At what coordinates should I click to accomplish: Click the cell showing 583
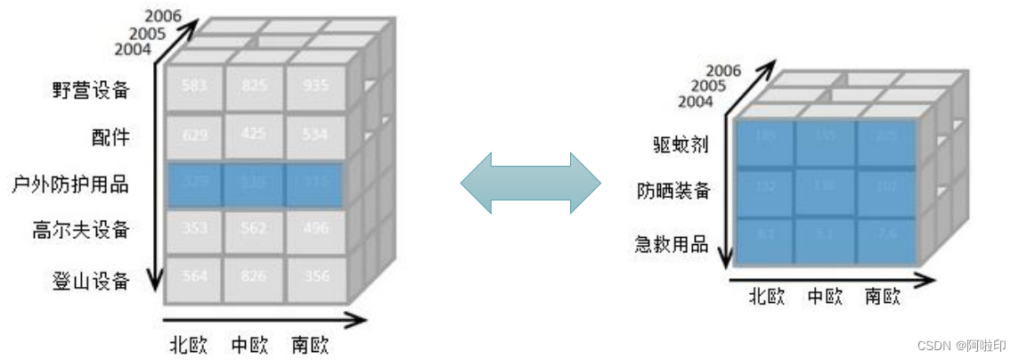pyautogui.click(x=194, y=86)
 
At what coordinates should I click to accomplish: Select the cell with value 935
pyautogui.click(x=314, y=86)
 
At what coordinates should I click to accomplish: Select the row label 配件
pyautogui.click(x=110, y=136)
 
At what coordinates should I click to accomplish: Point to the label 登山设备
pyautogui.click(x=91, y=282)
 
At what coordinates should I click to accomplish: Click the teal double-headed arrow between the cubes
pyautogui.click(x=531, y=183)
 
